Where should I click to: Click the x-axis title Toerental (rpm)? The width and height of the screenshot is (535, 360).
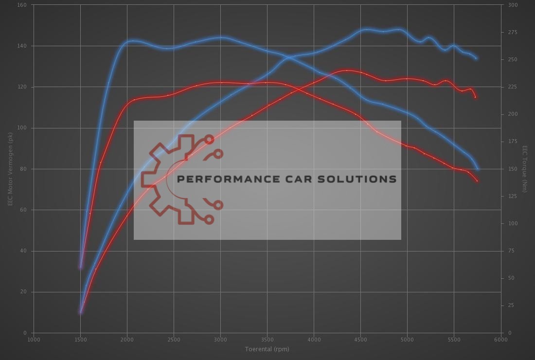click(267, 349)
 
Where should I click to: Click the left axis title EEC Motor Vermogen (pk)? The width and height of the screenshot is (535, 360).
click(10, 169)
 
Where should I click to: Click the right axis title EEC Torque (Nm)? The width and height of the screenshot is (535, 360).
click(525, 169)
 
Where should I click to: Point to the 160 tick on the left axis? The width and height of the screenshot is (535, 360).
click(22, 5)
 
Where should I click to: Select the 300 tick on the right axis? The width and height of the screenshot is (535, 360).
click(513, 5)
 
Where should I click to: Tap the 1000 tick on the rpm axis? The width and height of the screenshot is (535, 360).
click(34, 340)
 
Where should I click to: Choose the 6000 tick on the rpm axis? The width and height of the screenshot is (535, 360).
click(501, 340)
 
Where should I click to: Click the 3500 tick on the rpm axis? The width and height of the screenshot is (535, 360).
click(267, 340)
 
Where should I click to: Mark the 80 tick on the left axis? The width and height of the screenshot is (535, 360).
click(24, 169)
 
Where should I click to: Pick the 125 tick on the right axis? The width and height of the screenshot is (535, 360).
click(513, 196)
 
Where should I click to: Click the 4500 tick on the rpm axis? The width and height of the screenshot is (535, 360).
click(360, 340)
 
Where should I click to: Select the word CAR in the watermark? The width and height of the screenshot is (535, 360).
click(302, 179)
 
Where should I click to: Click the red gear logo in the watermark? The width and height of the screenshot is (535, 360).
click(180, 179)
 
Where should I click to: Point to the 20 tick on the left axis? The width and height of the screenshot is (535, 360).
click(24, 292)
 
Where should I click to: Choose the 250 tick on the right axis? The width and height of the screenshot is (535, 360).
click(513, 59)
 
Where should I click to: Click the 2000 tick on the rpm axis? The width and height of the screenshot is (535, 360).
click(127, 340)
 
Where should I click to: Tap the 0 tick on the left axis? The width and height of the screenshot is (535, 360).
click(25, 333)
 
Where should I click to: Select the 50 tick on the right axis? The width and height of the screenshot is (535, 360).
click(511, 278)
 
